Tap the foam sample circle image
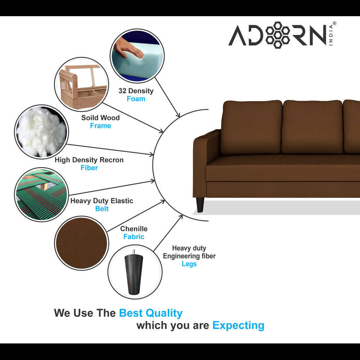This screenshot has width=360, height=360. point(138,56)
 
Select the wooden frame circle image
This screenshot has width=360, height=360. point(81,84)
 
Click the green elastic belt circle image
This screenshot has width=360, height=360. point(42,194)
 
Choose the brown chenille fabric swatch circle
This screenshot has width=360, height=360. point(81,243)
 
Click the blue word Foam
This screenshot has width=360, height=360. point(136,99)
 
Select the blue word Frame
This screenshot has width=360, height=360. point(100,126)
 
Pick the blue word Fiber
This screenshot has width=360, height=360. point(89,168)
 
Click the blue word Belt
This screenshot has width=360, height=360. point(102,209)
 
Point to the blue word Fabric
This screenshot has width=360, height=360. point(134,237)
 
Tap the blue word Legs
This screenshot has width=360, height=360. point(189,264)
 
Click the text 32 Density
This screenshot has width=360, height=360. point(136,91)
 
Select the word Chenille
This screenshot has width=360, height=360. point(134,229)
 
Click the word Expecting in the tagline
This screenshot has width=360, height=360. point(238,325)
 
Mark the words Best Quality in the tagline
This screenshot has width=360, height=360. point(150,313)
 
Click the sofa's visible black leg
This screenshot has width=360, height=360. point(200,205)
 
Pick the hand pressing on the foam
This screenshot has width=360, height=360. point(128,49)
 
